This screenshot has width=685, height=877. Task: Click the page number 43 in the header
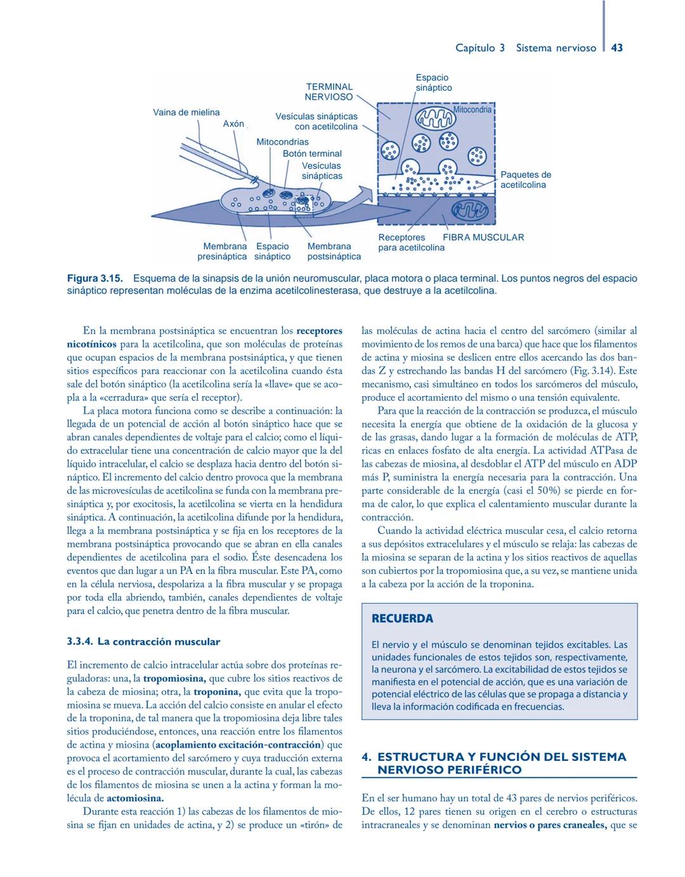point(617,48)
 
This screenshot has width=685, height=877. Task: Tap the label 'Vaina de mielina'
point(186,112)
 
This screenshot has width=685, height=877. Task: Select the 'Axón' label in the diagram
point(233,124)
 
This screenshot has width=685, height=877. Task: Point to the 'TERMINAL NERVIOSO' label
point(329,92)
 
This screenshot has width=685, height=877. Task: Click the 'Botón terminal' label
point(312,153)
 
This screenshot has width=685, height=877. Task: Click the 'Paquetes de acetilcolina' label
point(525,179)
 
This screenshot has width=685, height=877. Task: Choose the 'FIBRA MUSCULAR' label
point(483,237)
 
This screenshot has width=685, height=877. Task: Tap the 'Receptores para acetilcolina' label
point(411,242)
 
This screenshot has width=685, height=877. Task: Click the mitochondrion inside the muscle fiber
point(470,210)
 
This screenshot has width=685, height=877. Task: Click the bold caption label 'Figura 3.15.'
point(96,278)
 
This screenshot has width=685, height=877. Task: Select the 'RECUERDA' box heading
point(402,618)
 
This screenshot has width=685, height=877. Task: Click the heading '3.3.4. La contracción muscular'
point(143,642)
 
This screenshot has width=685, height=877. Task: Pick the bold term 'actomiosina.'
point(135,798)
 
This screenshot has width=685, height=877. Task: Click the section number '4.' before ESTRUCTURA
point(366,757)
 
